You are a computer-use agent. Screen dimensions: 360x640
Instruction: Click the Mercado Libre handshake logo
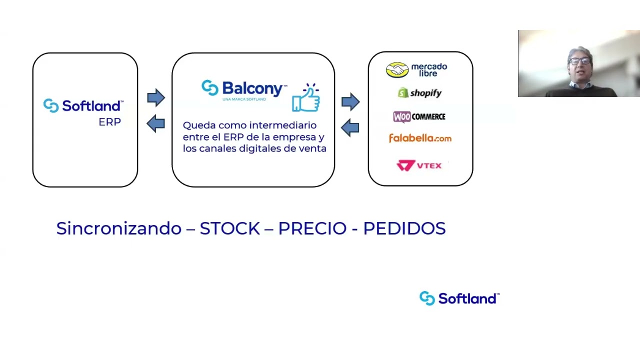coord(397,70)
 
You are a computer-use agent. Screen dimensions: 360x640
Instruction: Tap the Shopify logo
coord(419,93)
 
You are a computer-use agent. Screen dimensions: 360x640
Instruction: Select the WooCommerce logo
coord(419,116)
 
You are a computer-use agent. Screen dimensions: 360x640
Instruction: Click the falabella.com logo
coord(420,138)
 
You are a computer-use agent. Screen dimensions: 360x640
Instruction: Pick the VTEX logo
coord(419,165)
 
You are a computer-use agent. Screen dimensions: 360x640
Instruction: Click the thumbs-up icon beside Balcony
coord(306,98)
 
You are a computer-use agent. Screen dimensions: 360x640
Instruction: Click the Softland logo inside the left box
coord(83,105)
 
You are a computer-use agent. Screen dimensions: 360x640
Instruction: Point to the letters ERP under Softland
coord(109,122)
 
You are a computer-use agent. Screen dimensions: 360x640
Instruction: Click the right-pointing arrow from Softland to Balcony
coord(156,97)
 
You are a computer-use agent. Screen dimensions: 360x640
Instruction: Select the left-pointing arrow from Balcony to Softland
coord(156,123)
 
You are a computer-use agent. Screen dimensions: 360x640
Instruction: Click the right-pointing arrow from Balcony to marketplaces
coord(350,102)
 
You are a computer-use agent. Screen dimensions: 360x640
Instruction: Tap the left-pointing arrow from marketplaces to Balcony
coord(350,127)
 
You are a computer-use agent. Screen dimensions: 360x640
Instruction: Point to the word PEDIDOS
coord(404,228)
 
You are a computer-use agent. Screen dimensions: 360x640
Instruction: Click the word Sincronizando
coord(118,228)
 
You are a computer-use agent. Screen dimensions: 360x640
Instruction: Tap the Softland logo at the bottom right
coord(459,298)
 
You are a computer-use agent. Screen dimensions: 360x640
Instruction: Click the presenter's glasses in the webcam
coord(579,61)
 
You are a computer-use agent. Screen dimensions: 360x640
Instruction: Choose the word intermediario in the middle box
coord(282,125)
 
